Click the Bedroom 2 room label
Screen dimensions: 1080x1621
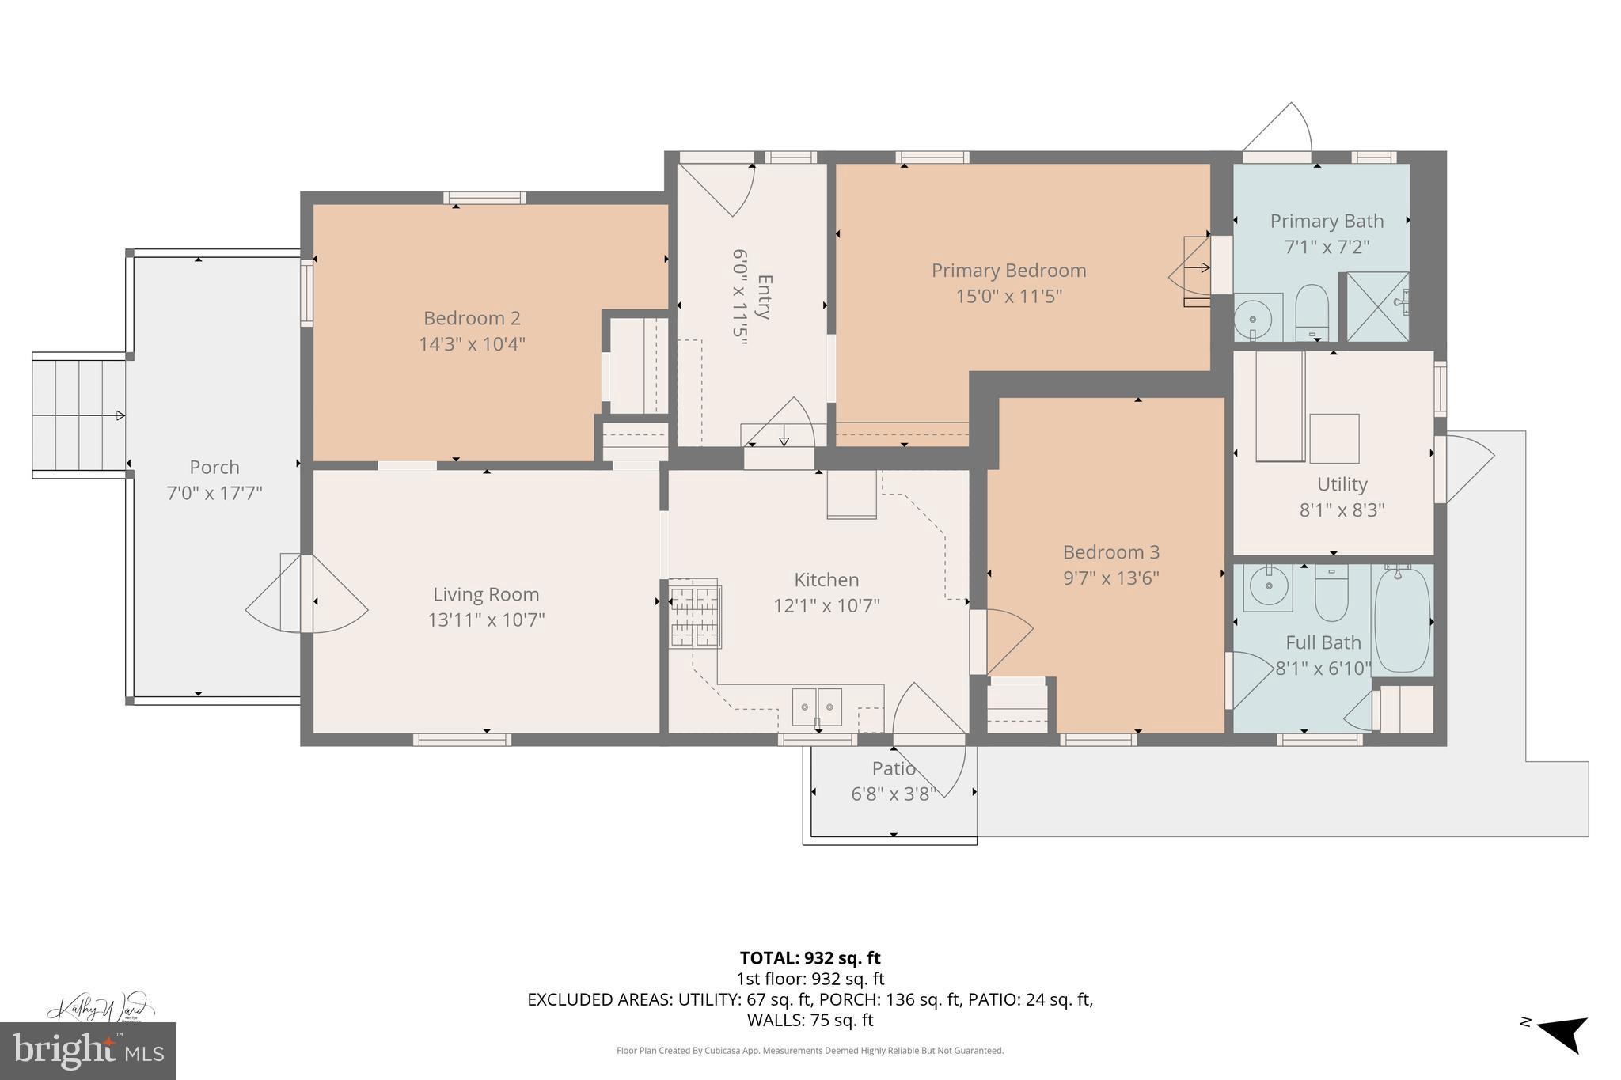[472, 318]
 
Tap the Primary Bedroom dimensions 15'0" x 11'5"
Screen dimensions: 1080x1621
[1008, 297]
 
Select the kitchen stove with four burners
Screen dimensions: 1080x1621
[695, 614]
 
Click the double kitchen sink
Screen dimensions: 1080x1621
[817, 706]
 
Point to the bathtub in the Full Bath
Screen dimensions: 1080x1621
[1403, 620]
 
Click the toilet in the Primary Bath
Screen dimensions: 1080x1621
[1312, 312]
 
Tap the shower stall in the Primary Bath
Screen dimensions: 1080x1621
[1377, 307]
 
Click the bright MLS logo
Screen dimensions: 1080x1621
[88, 1051]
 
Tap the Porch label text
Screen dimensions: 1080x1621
[214, 468]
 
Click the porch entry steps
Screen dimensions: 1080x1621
[79, 415]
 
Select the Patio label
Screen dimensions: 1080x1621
[894, 768]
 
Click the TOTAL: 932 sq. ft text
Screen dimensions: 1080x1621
[810, 958]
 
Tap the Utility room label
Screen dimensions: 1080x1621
[1342, 484]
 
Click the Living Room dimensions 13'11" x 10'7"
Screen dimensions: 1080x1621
[486, 620]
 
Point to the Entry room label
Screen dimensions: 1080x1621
[764, 297]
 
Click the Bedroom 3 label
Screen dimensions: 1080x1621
[1110, 552]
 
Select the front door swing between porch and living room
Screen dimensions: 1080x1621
[305, 593]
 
